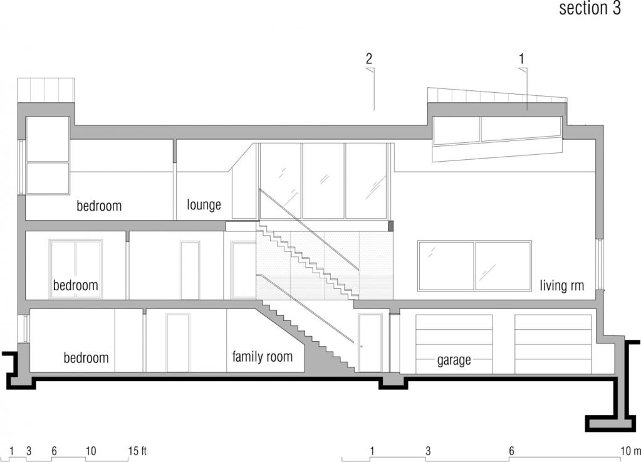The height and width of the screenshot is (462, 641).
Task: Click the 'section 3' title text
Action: [590, 8]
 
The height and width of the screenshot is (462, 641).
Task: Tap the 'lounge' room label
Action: [204, 204]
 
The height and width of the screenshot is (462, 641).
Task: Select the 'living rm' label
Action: [561, 285]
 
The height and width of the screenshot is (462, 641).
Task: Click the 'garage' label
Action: [454, 360]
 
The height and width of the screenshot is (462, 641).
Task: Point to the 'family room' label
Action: [263, 356]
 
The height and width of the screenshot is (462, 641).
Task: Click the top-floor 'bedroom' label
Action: [100, 205]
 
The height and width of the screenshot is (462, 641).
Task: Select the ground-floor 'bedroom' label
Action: [86, 358]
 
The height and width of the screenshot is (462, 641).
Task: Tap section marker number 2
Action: [368, 58]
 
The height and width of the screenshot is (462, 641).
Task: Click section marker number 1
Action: [521, 58]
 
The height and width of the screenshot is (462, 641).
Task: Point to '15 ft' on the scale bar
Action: [138, 451]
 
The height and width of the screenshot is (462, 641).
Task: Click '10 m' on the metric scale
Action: [631, 451]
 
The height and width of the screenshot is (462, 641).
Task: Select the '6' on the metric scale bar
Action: [511, 451]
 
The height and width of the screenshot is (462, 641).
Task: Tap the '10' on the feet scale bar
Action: [91, 451]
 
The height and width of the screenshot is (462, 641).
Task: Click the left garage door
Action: [454, 344]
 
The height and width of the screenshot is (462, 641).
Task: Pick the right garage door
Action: [553, 344]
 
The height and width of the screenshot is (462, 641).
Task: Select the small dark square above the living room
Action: [391, 226]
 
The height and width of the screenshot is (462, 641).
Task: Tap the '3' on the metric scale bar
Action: [428, 451]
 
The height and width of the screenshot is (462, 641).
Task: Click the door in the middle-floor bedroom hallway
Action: [190, 270]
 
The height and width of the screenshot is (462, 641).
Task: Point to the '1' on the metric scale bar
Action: [372, 451]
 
